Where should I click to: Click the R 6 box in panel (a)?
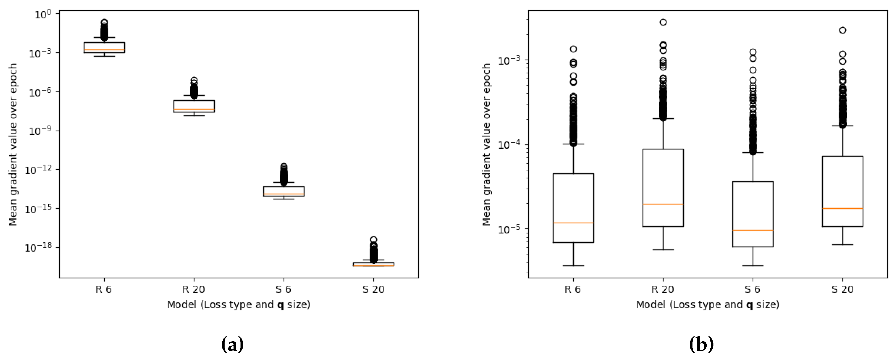pos(104,48)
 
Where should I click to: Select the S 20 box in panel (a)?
pos(373,264)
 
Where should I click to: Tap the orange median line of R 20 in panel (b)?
pos(663,204)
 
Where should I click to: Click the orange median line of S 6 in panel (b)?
pos(753,230)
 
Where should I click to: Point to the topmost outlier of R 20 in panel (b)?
pos(663,22)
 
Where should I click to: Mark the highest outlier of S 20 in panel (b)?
pos(842,30)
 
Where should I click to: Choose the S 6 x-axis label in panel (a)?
pos(284,290)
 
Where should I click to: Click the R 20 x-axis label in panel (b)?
pos(663,290)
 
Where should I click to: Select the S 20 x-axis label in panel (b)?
pos(842,290)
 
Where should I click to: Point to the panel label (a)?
pos(232,345)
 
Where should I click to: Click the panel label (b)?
pos(701,345)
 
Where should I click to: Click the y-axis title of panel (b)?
pos(486,144)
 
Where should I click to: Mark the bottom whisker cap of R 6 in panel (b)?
pos(573,266)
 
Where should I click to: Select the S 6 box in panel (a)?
pos(284,191)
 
